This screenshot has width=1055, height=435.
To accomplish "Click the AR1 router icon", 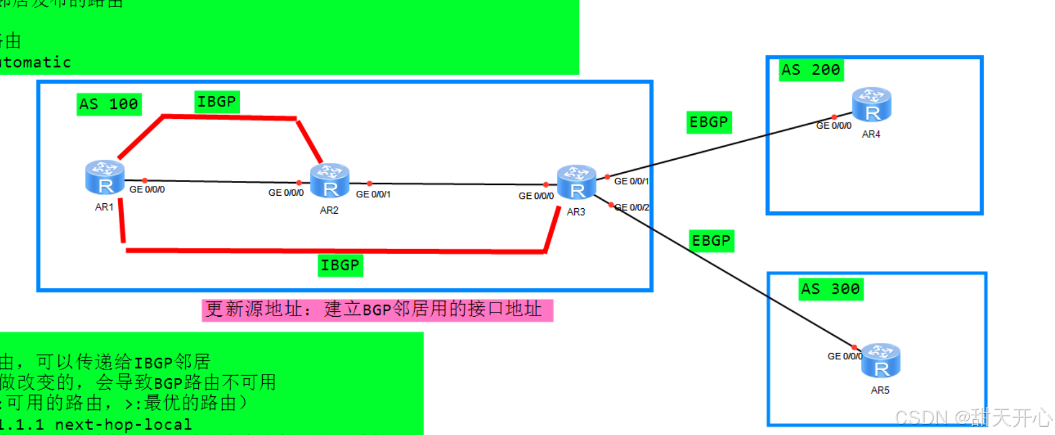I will pos(105,177).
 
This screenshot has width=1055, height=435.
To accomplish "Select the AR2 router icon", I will pos(329,180).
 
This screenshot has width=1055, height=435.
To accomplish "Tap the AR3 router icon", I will pos(577,182).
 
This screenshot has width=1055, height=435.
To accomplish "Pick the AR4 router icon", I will pos(871,104).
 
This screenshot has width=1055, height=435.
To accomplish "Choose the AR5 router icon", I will pos(880,360).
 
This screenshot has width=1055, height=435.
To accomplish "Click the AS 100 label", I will pos(109,104).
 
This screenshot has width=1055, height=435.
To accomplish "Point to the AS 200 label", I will pos(811,70).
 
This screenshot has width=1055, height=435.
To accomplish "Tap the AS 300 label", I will pos(830,289).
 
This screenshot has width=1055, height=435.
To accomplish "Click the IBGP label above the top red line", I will pos(217,102).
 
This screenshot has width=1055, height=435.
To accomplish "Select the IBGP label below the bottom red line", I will pos(340,265).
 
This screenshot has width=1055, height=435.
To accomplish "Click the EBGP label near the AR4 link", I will pos(708,122).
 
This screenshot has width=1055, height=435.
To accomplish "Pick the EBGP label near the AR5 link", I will pos(711,241).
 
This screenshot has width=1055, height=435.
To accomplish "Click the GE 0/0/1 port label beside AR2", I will pos(373,195).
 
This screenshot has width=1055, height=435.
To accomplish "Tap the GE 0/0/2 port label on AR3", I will pos(632,208).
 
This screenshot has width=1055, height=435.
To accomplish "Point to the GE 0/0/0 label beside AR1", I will pos(147,190).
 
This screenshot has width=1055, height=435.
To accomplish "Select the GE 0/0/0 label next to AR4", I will pos(833,126).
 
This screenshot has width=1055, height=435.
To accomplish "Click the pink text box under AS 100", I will pos(377,310).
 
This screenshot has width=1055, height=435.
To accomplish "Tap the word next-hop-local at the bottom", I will pos(123,425).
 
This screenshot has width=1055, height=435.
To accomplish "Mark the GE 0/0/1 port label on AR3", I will pos(631,182).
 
